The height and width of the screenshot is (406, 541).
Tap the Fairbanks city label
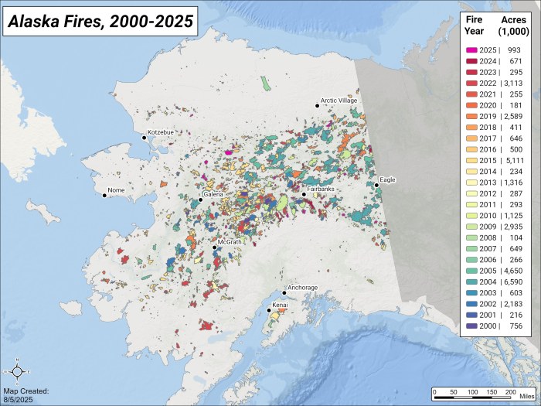coord(320,188)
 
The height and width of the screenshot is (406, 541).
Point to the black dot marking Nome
coord(105,195)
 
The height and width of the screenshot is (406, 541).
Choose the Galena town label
coord(213,194)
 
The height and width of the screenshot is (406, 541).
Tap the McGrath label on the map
coord(230,241)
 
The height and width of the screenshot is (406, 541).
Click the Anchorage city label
coord(302,288)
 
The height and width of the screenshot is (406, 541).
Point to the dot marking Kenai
coord(269,311)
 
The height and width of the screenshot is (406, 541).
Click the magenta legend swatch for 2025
coord(471,49)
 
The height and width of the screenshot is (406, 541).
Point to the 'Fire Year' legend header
coord(475,25)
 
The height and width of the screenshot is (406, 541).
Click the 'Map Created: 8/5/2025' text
coord(26,395)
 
